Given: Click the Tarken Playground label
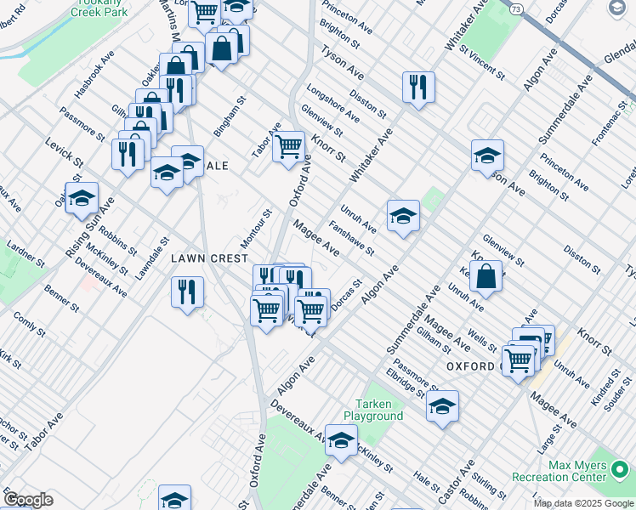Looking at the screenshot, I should [373, 411].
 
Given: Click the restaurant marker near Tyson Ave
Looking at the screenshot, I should [418, 88].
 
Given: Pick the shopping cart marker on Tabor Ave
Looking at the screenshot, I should [289, 147].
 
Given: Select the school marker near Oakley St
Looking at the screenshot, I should [82, 199].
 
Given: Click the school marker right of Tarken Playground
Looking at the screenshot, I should [442, 407].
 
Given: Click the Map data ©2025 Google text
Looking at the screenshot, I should [582, 503].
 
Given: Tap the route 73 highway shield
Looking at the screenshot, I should [517, 8].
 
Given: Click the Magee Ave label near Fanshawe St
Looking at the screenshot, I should [317, 237].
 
